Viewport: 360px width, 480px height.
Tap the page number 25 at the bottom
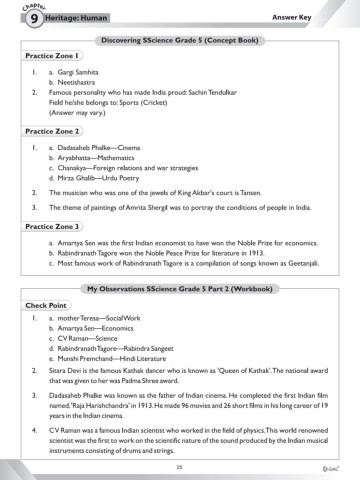tap(180, 466)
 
